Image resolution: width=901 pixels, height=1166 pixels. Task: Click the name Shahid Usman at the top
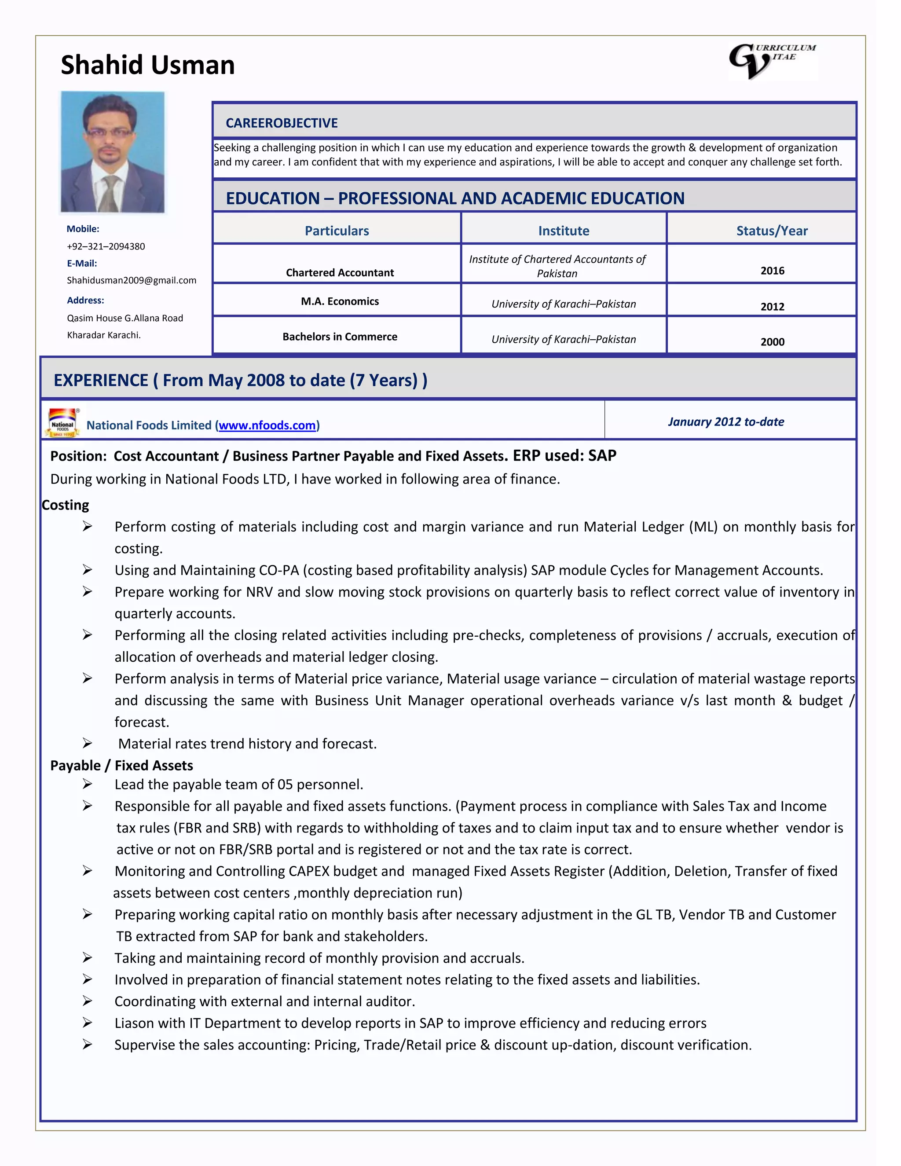[x=147, y=65]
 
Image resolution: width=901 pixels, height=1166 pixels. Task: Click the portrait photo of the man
[x=113, y=152]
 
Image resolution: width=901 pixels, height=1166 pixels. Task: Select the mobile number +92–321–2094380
[x=106, y=246]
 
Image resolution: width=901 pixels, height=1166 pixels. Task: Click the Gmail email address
[x=131, y=280]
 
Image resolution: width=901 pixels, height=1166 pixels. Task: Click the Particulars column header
[x=337, y=231]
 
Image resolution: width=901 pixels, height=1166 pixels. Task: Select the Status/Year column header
[x=771, y=231]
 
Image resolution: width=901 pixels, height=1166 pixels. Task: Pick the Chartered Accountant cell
[x=340, y=272]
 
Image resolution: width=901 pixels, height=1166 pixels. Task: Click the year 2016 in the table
[x=772, y=271]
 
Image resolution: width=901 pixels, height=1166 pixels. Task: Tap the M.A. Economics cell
[x=340, y=301]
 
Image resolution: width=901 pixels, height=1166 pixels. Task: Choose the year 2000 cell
[x=772, y=342]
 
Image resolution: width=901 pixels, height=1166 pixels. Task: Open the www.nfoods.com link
[x=267, y=425]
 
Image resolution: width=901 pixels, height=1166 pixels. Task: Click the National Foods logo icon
[x=62, y=423]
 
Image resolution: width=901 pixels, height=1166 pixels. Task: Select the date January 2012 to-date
[x=725, y=422]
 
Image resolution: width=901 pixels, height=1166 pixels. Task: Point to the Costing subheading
[x=65, y=505]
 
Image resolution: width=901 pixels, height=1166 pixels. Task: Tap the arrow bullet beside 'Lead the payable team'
[x=87, y=784]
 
